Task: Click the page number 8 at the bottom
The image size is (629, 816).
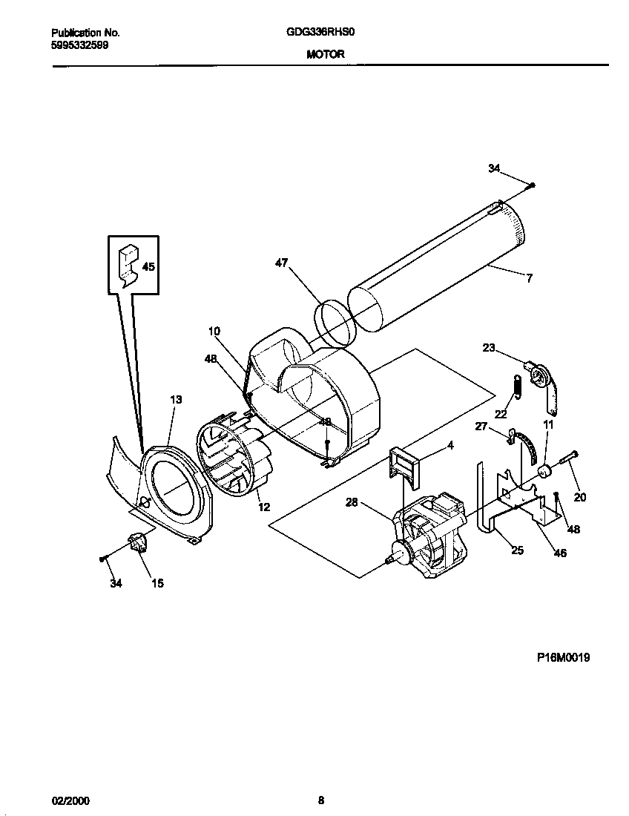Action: pyautogui.click(x=320, y=800)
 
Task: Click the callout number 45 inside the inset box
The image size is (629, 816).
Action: pyautogui.click(x=148, y=266)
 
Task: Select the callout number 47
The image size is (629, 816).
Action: pyautogui.click(x=282, y=263)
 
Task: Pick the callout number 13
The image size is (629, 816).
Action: pyautogui.click(x=175, y=400)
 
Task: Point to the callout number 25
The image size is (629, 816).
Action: pyautogui.click(x=516, y=550)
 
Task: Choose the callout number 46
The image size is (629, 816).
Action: pyautogui.click(x=560, y=553)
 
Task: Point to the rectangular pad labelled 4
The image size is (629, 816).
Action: pyautogui.click(x=401, y=465)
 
